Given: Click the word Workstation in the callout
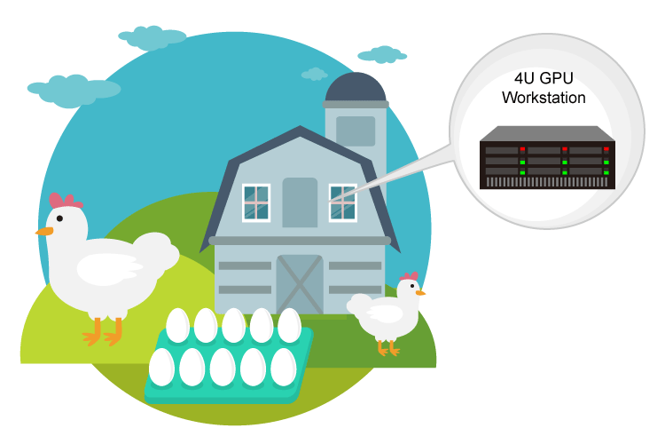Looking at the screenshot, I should (544, 97).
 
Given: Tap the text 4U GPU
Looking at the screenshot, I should (544, 78).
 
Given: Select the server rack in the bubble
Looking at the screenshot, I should (547, 160).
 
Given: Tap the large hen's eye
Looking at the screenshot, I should (59, 218).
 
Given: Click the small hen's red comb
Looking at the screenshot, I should (409, 277).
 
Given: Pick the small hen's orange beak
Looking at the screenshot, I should (420, 291).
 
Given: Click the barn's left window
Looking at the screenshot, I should (256, 202).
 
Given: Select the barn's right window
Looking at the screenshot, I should (342, 202).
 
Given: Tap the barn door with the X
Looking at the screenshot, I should (299, 284).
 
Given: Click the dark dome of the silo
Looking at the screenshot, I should (356, 88).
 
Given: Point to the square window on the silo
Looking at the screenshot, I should (356, 131).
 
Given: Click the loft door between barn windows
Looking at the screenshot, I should (300, 202).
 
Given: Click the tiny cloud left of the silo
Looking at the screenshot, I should (314, 74).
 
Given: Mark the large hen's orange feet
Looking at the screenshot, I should (102, 336).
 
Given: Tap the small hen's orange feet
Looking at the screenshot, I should (388, 349).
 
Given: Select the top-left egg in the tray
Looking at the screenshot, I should (178, 325).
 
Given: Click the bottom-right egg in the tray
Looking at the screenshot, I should (283, 366).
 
